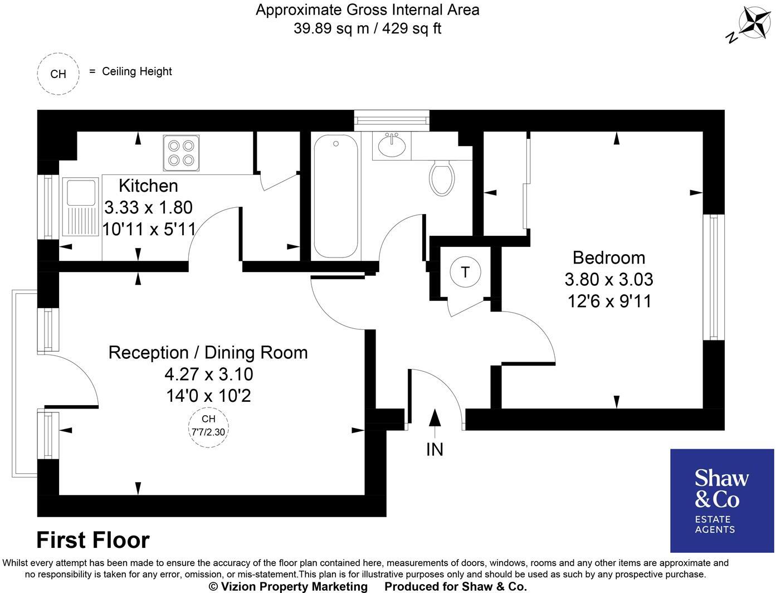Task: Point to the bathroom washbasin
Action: click(392, 146)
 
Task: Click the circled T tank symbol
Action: click(465, 273)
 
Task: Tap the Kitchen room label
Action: click(148, 186)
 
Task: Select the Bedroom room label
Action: click(609, 257)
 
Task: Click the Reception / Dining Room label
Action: click(208, 352)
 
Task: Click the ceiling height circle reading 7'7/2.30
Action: click(208, 425)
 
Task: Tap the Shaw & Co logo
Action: click(722, 500)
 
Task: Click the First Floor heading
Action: click(93, 540)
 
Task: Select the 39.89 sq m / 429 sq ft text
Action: click(367, 28)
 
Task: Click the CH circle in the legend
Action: click(58, 74)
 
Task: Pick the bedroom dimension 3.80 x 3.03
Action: click(609, 279)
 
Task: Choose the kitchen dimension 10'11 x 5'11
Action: click(148, 229)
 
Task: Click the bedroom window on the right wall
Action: click(714, 277)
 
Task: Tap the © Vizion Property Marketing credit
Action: click(288, 586)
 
